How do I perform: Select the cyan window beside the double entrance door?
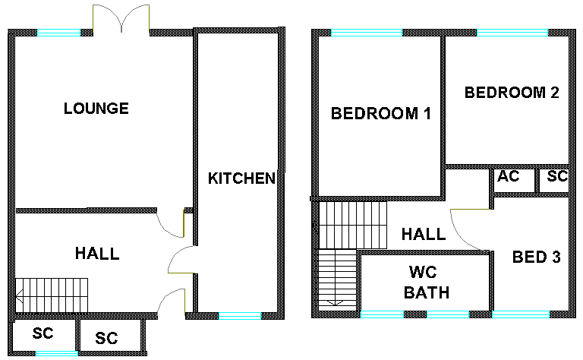58,33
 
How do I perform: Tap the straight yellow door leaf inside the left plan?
184,223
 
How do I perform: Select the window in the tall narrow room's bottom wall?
240,316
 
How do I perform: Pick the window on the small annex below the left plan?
57,353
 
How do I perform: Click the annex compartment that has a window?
45,336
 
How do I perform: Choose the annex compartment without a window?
110,336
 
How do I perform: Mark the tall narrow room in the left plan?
239,167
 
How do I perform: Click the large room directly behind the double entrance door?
102,122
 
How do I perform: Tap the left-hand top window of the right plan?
367,33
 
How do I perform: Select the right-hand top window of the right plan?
512,33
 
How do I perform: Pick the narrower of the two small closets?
553,181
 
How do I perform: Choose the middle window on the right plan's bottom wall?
448,314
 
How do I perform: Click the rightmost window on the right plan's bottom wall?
521,314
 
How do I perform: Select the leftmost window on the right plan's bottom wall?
382,314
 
